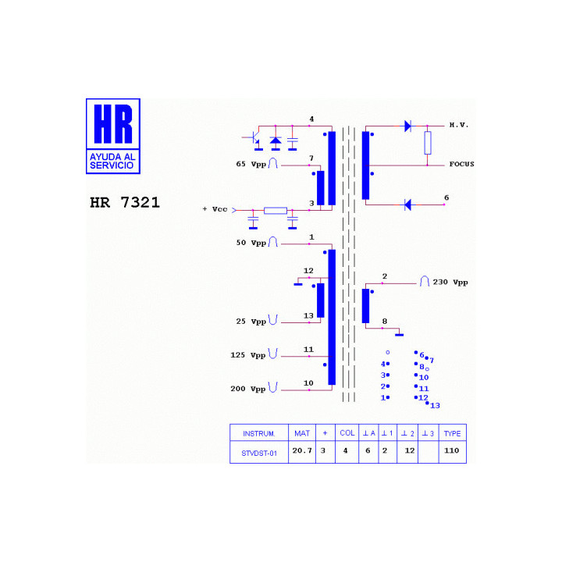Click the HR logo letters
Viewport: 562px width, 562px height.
113,123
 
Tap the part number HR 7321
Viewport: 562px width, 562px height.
124,202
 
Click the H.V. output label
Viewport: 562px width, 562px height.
459,125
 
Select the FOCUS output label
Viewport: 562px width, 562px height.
461,164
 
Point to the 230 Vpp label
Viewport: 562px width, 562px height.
450,283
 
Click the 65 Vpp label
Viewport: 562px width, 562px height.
251,164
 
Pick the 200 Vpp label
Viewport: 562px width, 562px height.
248,389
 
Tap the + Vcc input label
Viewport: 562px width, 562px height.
215,209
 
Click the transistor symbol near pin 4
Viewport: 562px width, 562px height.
254,138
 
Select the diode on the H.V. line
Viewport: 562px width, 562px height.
407,126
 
